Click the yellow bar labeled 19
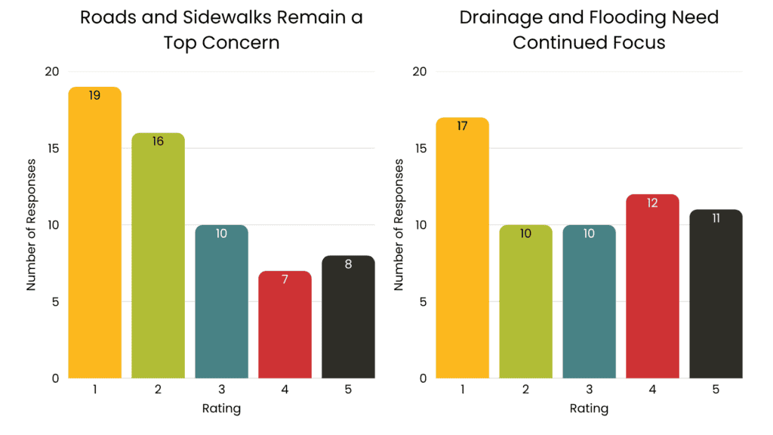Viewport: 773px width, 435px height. [x=94, y=233]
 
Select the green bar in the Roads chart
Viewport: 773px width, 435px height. [x=158, y=255]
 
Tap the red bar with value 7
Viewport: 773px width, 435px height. [x=285, y=325]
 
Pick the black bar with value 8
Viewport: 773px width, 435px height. [x=348, y=316]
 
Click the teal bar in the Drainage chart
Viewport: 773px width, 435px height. [x=589, y=301]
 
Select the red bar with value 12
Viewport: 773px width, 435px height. [x=652, y=286]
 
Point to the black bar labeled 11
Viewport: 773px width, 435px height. [x=716, y=294]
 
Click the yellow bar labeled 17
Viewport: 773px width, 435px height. [x=463, y=248]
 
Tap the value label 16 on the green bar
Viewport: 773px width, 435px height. [x=158, y=141]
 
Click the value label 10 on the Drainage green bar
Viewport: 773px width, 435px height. [x=525, y=233]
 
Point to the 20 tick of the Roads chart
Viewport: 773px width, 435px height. [x=52, y=72]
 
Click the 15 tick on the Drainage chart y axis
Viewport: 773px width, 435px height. [x=420, y=149]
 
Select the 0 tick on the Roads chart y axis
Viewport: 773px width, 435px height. [x=55, y=378]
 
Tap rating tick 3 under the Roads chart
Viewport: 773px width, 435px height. [x=221, y=390]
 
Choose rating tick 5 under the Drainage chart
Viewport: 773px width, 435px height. [x=716, y=390]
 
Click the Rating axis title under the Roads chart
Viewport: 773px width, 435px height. [x=221, y=409]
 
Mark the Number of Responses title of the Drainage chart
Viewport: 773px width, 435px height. [x=399, y=224]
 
